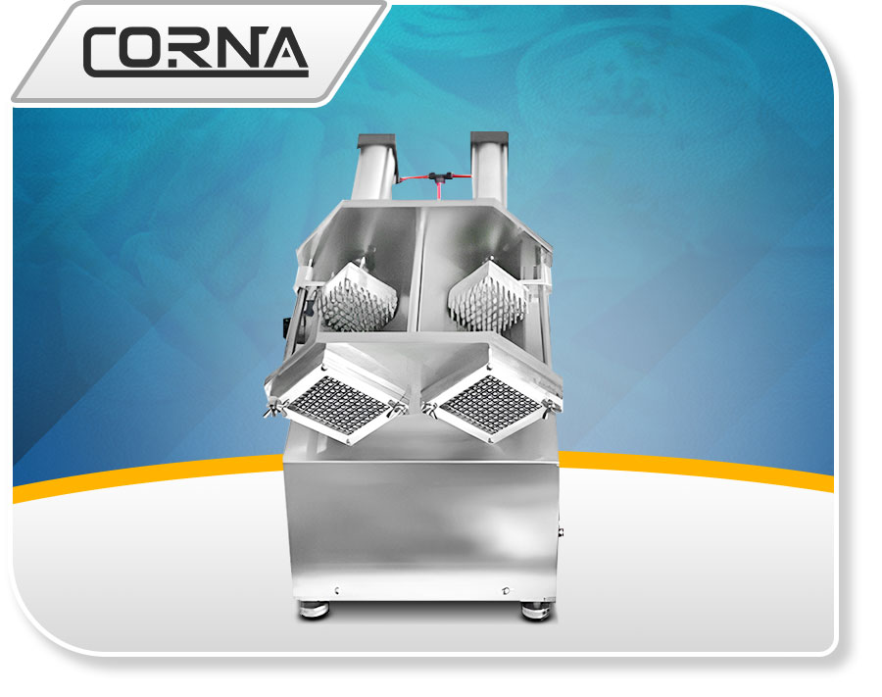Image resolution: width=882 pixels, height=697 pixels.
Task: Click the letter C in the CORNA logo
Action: click(x=101, y=52)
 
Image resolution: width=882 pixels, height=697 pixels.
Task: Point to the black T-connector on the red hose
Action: click(x=435, y=177)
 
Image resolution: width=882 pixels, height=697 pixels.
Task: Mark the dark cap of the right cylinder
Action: click(x=489, y=138)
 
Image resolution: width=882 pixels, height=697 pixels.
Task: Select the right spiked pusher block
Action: click(x=488, y=295)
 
